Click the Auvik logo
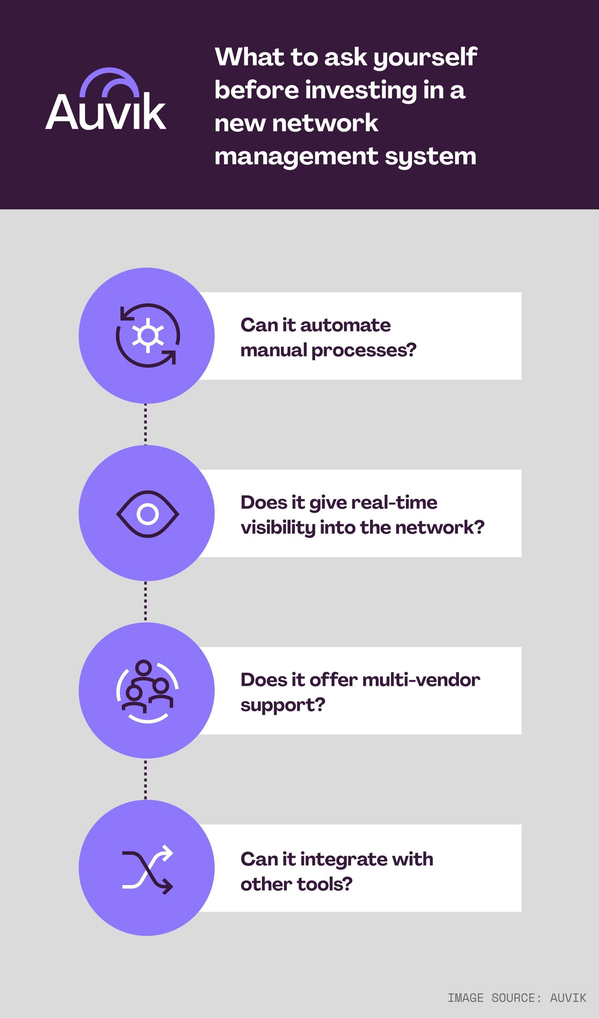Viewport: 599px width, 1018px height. click(x=106, y=99)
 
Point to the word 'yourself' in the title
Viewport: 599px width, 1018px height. click(x=425, y=57)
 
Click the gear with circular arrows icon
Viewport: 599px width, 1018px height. click(x=148, y=335)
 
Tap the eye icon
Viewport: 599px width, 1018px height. click(x=148, y=514)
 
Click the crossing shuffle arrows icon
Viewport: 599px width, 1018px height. click(x=148, y=869)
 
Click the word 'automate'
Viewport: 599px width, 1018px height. click(x=345, y=325)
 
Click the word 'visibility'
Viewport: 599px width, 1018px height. click(x=278, y=528)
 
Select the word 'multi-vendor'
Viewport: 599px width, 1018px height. click(x=421, y=680)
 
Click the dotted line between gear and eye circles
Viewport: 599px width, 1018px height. click(x=146, y=424)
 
